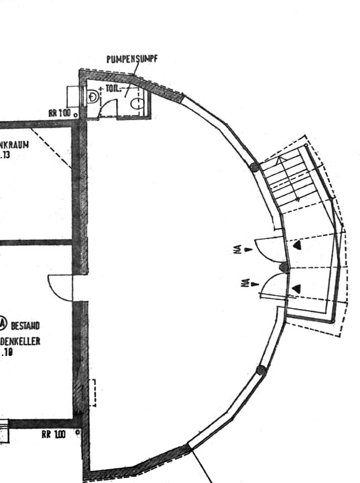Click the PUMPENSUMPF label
pyautogui.click(x=132, y=59)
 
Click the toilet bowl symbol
pyautogui.click(x=137, y=104)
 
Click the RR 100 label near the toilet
pyautogui.click(x=59, y=113)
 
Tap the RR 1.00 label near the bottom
pyautogui.click(x=53, y=435)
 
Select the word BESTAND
pyautogui.click(x=25, y=326)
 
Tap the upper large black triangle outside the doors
pyautogui.click(x=298, y=245)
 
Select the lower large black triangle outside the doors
pyautogui.click(x=297, y=288)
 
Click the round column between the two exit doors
pyautogui.click(x=284, y=267)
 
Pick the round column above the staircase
pyautogui.click(x=255, y=167)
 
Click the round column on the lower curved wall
pyautogui.click(x=261, y=370)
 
